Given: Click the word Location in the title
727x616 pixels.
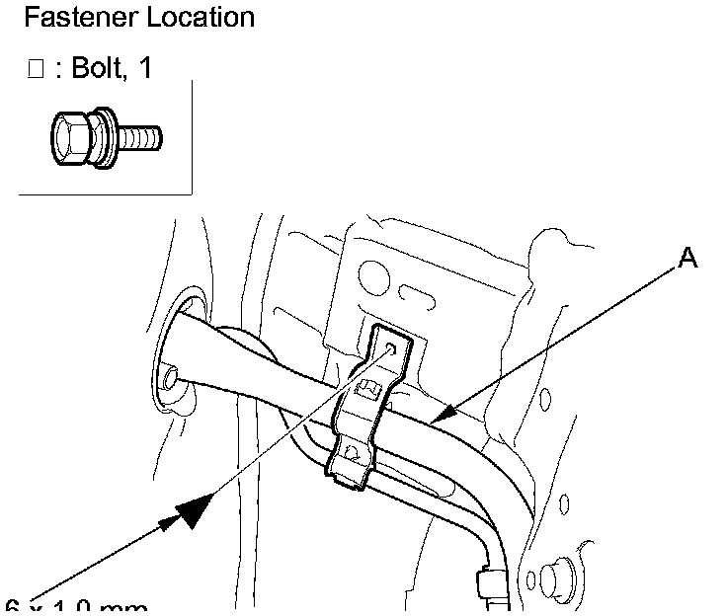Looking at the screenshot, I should click(196, 17).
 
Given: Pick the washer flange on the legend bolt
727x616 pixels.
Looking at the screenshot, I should click(108, 137).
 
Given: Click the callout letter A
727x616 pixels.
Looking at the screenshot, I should click(687, 259).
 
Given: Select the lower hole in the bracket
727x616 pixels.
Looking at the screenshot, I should click(353, 455).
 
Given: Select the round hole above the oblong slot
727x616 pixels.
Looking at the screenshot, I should click(373, 271).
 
